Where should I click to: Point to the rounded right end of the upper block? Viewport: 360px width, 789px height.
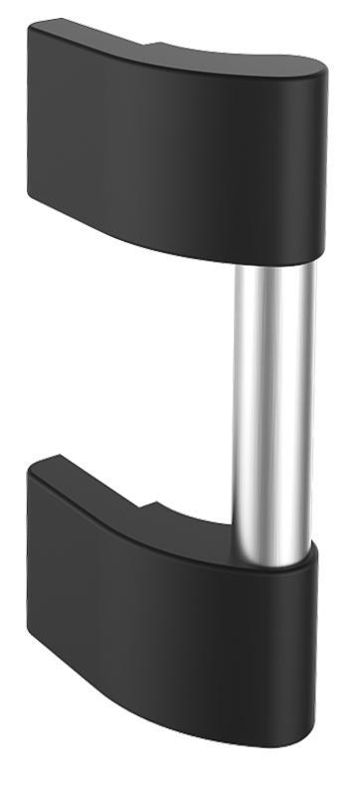coord(316,159)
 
